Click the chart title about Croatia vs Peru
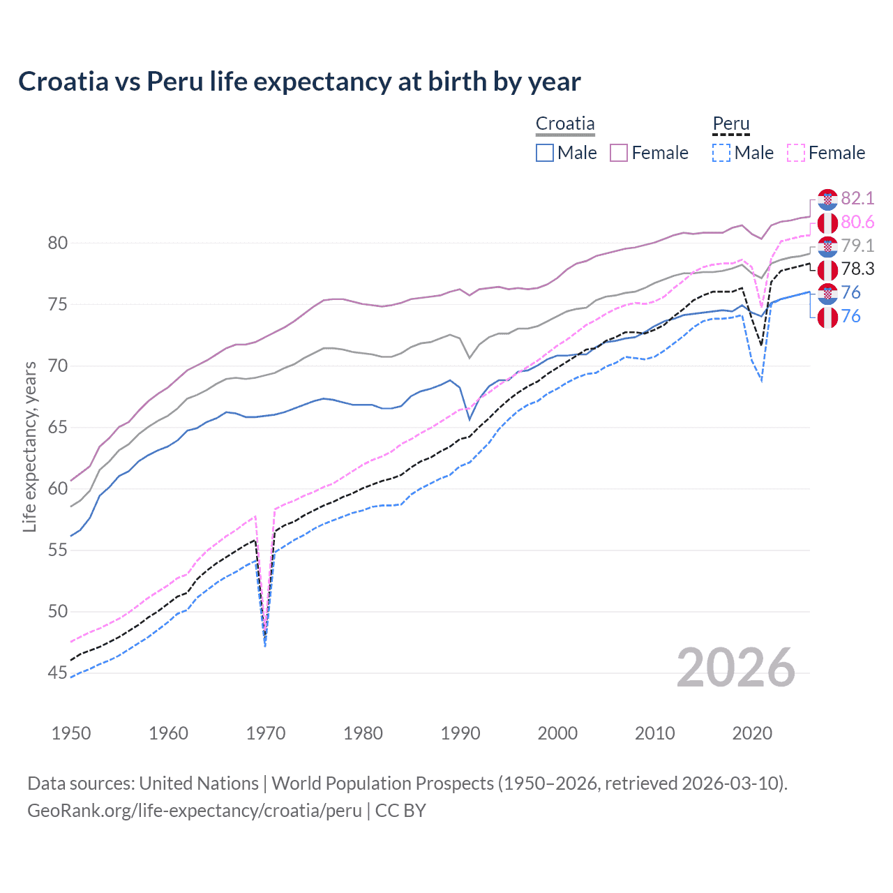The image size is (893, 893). tap(299, 82)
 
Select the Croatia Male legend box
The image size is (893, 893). tap(545, 153)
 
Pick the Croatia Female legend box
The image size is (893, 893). tap(619, 153)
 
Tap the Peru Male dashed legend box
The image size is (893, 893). tap(721, 153)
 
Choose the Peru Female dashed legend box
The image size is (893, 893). tap(796, 153)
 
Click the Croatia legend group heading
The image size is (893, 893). tap(565, 123)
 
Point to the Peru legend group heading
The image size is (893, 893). tap(730, 123)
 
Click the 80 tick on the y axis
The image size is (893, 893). tap(58, 243)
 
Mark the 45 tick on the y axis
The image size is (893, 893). tap(58, 673)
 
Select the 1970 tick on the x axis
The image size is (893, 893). tap(266, 733)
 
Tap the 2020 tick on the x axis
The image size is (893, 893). tap(752, 733)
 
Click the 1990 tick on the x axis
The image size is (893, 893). tap(460, 733)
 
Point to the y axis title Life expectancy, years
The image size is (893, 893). tap(29, 446)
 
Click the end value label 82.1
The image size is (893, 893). tap(857, 199)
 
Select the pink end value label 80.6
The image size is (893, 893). tap(857, 223)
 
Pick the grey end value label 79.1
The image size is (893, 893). tap(857, 246)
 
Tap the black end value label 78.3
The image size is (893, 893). tap(857, 269)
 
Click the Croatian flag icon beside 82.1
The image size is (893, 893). tap(827, 199)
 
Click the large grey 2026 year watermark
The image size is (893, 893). tap(735, 668)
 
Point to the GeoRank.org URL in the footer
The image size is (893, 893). tap(195, 811)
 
